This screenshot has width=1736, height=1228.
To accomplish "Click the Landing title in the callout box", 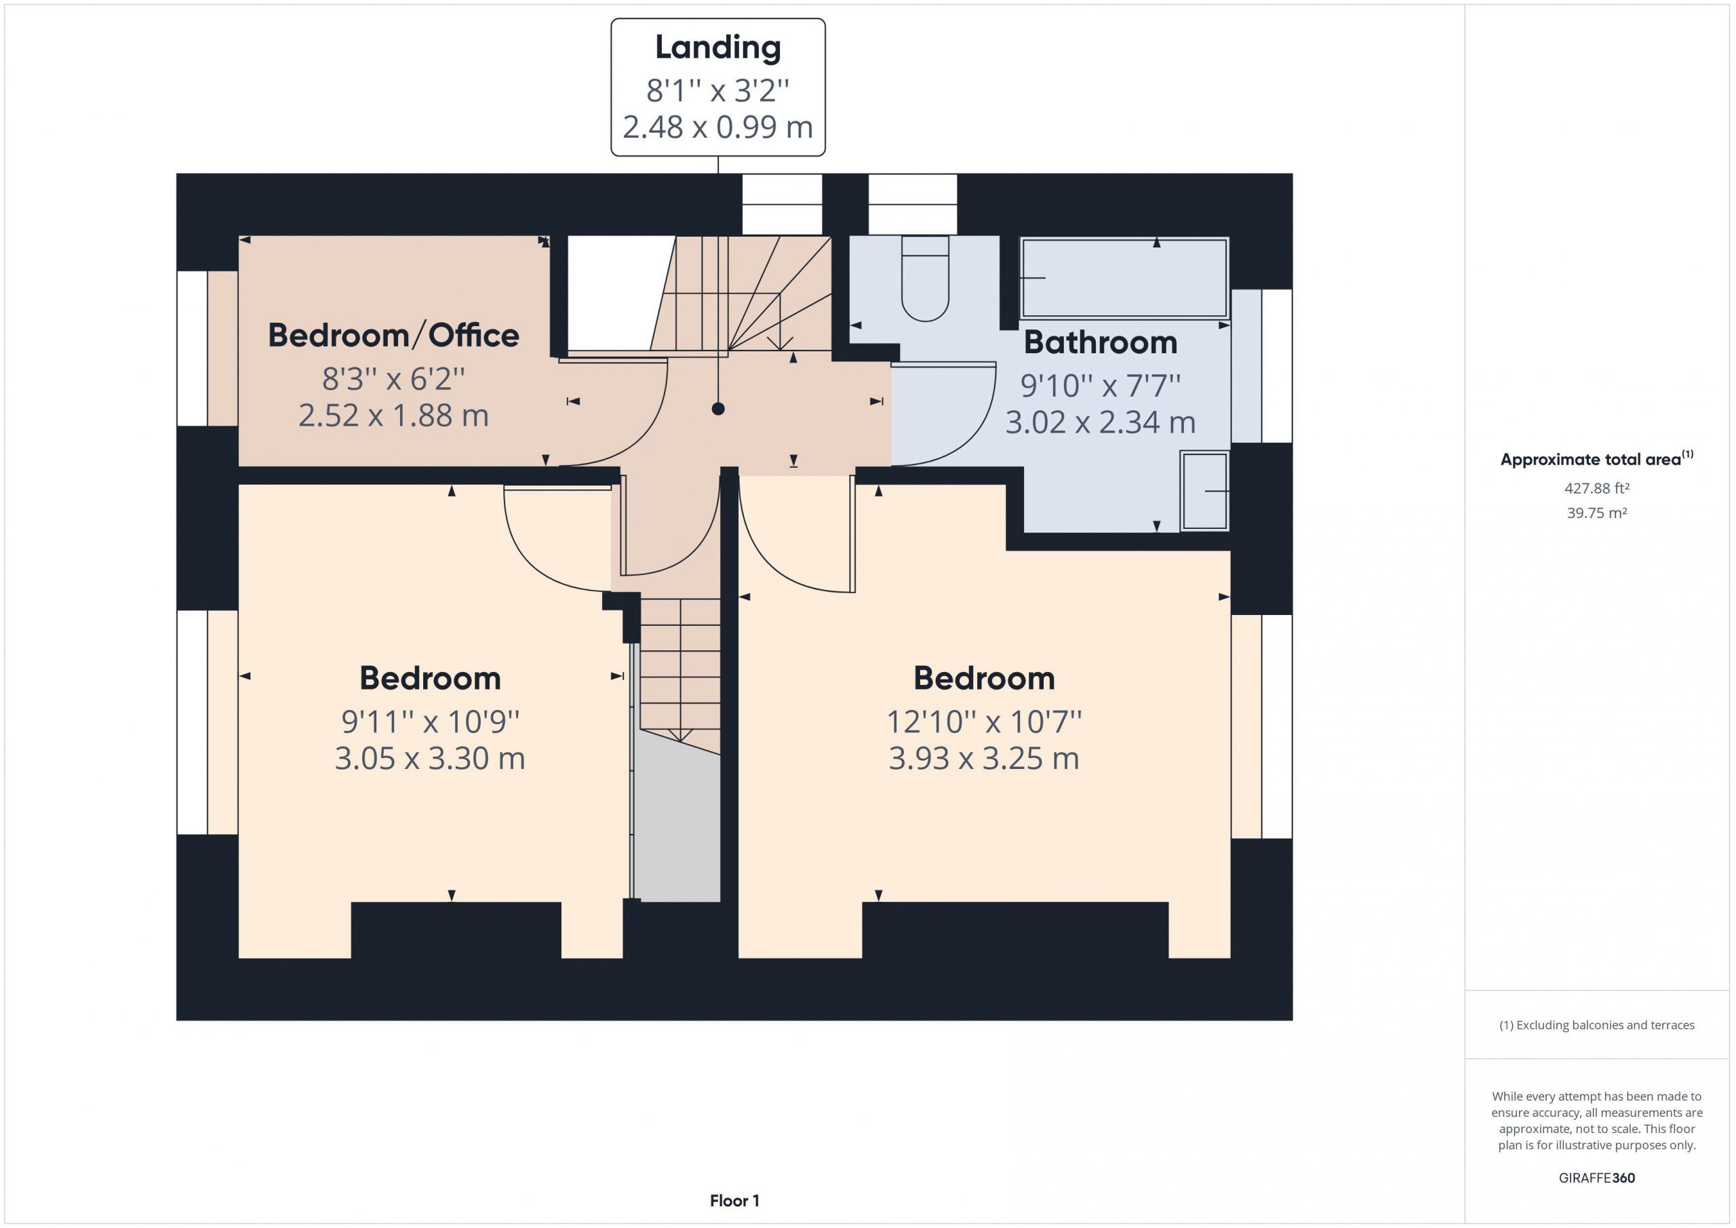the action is pyautogui.click(x=717, y=47).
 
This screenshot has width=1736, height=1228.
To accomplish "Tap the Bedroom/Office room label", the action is pyautogui.click(x=393, y=335).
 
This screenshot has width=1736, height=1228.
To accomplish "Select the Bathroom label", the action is pyautogui.click(x=1100, y=342).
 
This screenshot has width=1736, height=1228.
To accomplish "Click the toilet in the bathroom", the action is pyautogui.click(x=925, y=278).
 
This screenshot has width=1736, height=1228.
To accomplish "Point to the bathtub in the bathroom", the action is pyautogui.click(x=1124, y=278).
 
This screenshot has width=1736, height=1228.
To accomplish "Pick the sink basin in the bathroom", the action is pyautogui.click(x=1204, y=491).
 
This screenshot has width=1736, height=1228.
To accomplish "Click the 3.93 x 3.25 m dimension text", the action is pyautogui.click(x=984, y=758).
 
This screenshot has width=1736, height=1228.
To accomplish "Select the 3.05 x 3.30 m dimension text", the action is pyautogui.click(x=429, y=758).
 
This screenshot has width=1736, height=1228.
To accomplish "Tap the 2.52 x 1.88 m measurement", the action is pyautogui.click(x=393, y=416).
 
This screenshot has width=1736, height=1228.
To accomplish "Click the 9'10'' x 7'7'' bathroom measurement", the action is pyautogui.click(x=1100, y=386).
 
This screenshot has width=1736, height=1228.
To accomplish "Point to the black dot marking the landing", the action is pyautogui.click(x=718, y=409).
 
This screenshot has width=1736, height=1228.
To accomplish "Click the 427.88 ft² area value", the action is pyautogui.click(x=1596, y=488).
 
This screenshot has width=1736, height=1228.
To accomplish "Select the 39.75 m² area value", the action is pyautogui.click(x=1596, y=513).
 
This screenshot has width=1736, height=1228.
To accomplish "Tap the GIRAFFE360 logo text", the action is pyautogui.click(x=1596, y=1177).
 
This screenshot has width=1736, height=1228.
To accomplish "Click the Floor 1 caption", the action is pyautogui.click(x=734, y=1201).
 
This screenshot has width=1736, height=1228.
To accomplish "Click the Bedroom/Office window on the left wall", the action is pyautogui.click(x=192, y=349).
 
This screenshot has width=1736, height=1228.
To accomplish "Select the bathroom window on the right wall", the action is pyautogui.click(x=1276, y=366).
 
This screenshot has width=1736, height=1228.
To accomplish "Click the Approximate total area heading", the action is pyautogui.click(x=1596, y=459).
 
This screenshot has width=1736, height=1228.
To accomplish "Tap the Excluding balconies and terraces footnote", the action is pyautogui.click(x=1596, y=1025).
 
